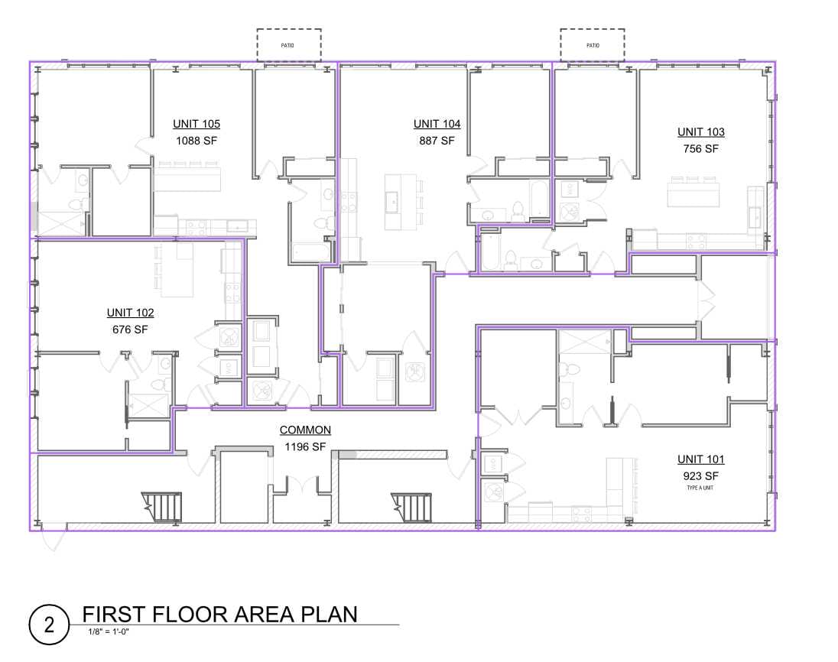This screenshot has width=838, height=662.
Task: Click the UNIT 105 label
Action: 197,124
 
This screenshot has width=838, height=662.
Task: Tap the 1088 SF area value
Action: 197,141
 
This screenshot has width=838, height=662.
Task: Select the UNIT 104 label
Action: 437,124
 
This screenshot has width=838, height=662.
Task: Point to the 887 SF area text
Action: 437,141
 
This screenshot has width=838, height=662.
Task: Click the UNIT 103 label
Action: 700,132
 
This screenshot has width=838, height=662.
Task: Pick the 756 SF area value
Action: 700,149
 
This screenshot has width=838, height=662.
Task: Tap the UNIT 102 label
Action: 131,313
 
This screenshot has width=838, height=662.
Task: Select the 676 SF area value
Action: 130,329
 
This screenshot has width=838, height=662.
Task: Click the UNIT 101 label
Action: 700,459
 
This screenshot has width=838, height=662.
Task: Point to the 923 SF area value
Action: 700,476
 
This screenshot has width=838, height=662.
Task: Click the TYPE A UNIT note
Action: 700,488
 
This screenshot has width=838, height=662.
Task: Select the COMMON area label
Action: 305,430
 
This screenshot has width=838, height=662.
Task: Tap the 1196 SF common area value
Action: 304,446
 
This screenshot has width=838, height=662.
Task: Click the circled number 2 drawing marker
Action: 49,625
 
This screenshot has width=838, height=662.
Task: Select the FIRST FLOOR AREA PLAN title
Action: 219,615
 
